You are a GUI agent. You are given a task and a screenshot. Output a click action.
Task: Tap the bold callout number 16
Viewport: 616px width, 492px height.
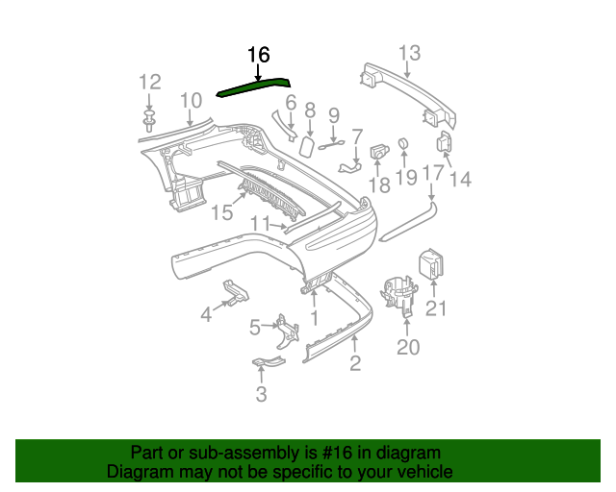pyautogui.click(x=259, y=55)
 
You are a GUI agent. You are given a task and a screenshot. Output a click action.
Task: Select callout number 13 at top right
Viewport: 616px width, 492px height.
pyautogui.click(x=409, y=52)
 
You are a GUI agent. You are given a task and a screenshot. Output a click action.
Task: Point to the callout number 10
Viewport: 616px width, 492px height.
pyautogui.click(x=191, y=99)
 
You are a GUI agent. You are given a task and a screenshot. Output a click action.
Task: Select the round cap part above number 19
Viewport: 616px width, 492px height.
pyautogui.click(x=402, y=145)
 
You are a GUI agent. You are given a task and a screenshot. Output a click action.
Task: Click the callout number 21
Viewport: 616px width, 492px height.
pyautogui.click(x=437, y=308)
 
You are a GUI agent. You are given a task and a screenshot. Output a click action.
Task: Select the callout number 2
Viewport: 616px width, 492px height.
pyautogui.click(x=355, y=362)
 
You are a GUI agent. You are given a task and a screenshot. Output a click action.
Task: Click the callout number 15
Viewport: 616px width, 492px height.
pyautogui.click(x=222, y=212)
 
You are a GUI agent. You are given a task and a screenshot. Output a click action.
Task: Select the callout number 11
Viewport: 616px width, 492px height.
pyautogui.click(x=261, y=224)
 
